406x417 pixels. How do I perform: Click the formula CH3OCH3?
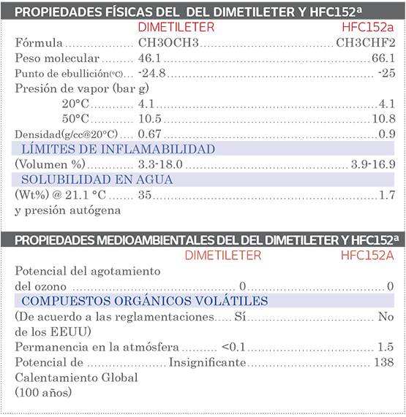pos(168,42)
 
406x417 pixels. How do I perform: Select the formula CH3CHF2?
pos(365,42)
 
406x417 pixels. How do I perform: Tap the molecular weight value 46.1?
pos(149,58)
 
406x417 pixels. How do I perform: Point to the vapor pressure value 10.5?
pos(149,118)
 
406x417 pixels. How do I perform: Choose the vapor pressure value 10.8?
pos(383,118)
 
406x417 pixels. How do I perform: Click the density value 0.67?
pos(149,134)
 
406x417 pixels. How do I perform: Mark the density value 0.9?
pos(387,134)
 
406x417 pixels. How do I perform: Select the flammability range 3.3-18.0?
pos(161,164)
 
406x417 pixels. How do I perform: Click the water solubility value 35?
pos(144,195)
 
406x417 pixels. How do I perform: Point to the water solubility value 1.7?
pos(387,195)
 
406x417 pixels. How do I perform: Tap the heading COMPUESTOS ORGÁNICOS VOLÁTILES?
pos(144,301)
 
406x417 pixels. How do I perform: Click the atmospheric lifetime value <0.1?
pos(233,347)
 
